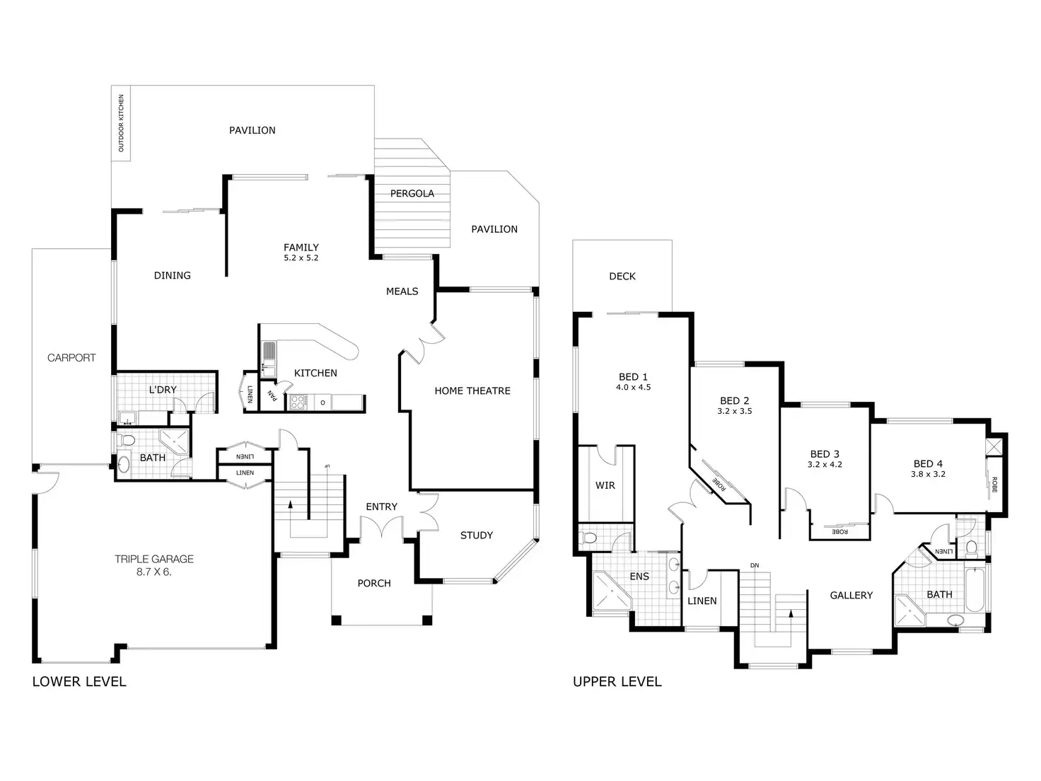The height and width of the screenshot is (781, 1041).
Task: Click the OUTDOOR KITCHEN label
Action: tap(121, 123)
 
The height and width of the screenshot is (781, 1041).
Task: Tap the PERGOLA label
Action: tap(412, 193)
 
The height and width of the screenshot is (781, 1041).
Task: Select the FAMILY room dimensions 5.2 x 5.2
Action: tap(301, 258)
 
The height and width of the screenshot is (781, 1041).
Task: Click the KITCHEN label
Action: tap(315, 373)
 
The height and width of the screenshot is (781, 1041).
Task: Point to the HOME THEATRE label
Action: tap(472, 390)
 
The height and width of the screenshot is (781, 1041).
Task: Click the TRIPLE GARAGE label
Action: tap(154, 559)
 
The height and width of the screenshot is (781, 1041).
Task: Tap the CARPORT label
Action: tap(71, 357)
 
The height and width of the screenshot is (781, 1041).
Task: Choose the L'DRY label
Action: tap(163, 390)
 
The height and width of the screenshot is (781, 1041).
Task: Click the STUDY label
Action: tap(477, 535)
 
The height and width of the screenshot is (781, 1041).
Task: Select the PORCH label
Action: tap(374, 583)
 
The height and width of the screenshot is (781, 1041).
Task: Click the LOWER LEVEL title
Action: tap(79, 681)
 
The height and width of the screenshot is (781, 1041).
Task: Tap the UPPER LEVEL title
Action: tap(617, 681)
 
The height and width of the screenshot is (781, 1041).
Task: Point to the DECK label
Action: tap(622, 276)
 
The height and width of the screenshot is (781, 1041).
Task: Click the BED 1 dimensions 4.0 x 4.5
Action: tap(633, 388)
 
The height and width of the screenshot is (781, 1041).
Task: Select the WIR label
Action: tap(605, 485)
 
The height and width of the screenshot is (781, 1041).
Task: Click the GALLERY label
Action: tap(851, 595)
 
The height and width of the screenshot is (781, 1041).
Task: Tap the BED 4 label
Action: tap(928, 464)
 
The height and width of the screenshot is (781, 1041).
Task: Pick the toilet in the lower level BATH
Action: tap(127, 441)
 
